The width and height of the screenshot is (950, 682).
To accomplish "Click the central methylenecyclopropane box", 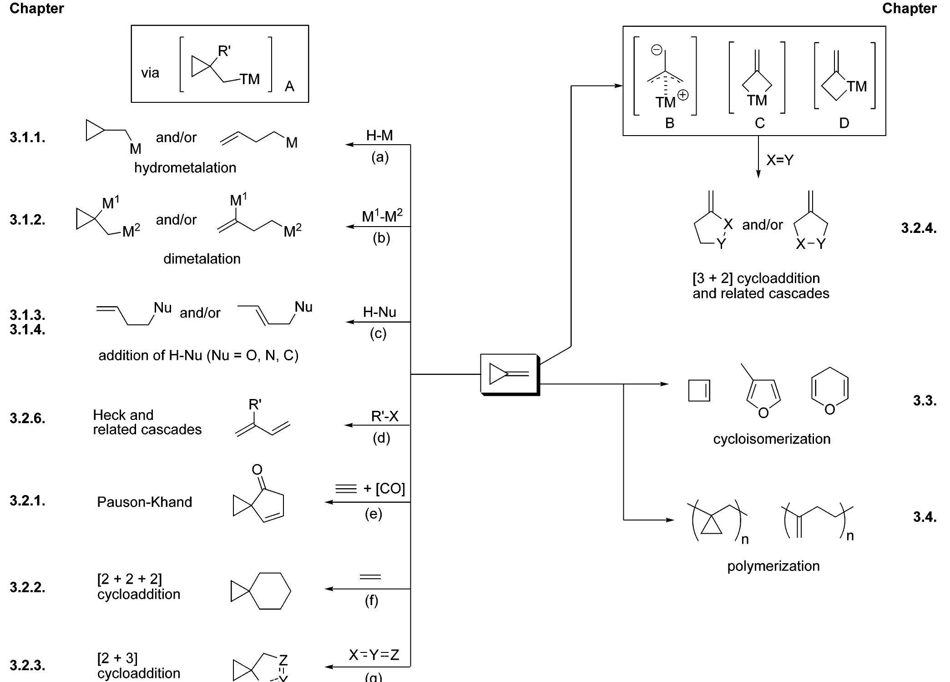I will coord(510,374).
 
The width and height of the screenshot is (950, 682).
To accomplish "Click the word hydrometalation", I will coord(185,168).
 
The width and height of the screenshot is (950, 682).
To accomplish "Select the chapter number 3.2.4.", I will coord(919,228).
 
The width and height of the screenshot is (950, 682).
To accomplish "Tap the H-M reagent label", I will coord(379,135).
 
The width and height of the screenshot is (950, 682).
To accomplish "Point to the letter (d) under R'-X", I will coord(381,438).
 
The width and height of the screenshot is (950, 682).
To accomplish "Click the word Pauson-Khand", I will coord(145,502).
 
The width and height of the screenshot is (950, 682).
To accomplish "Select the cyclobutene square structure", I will coord(699,391).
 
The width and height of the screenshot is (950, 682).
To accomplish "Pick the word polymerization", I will coord(773,566).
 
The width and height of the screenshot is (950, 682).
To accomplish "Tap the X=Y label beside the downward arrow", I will coord(780,160).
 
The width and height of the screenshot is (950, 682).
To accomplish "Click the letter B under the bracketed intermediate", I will coord(669,123).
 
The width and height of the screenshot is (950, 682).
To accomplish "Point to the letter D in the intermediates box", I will coord(844,123).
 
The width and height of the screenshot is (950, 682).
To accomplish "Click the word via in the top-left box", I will coord(150,73).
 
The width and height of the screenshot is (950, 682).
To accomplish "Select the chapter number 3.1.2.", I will coord(27,220).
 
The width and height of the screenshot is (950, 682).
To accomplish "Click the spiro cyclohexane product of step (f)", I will coord(261,591).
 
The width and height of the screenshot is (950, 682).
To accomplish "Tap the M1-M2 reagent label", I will coord(382,216).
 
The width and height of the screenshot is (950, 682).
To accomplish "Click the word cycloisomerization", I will coord(772,439).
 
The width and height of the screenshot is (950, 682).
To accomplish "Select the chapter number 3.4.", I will coord(925,517).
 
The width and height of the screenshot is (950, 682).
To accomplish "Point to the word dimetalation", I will coord(202,259).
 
